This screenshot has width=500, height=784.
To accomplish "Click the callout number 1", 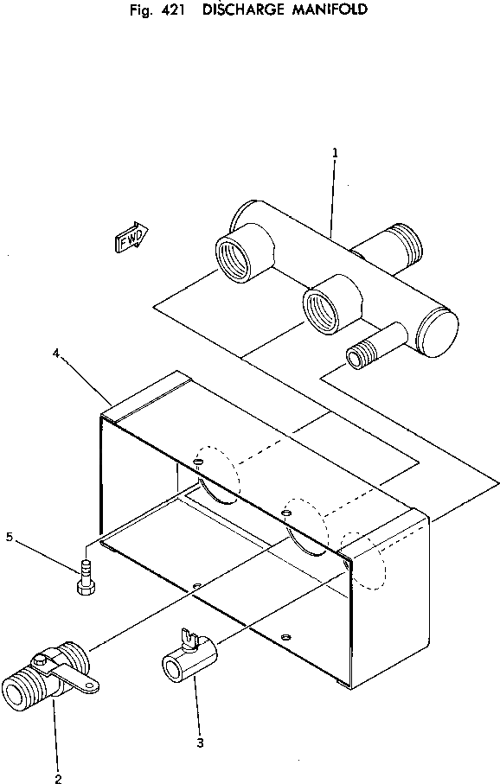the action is [335, 153].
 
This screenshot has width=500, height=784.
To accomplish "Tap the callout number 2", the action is [58, 779].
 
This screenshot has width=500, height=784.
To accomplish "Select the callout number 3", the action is [200, 743].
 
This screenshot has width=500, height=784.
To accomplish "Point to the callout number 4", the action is [56, 354].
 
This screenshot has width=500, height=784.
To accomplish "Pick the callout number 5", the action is [10, 537].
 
